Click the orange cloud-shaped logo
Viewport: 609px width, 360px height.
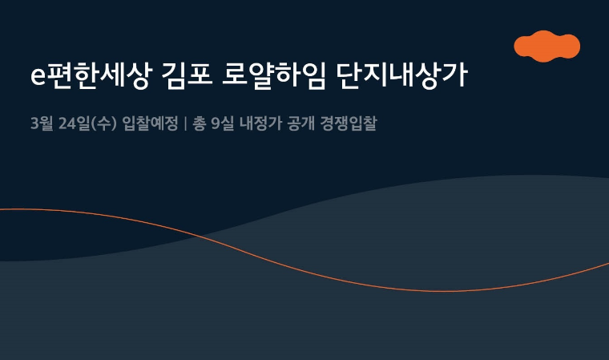click(546, 47)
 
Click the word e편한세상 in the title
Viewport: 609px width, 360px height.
click(90, 75)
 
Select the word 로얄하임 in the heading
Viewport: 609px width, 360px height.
click(273, 75)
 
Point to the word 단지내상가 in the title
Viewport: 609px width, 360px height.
click(402, 75)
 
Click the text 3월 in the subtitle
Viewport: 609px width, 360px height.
click(42, 123)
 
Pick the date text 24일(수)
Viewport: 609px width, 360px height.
click(87, 123)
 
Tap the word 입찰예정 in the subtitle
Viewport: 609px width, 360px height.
click(150, 123)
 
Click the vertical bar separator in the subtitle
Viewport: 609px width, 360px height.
click(185, 123)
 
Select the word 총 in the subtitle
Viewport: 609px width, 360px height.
click(200, 123)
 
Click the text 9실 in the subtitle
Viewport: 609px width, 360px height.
click(223, 123)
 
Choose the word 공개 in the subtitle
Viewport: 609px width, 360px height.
click(300, 123)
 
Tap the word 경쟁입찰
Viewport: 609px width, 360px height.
click(349, 123)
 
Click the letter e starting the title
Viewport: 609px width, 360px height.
click(38, 77)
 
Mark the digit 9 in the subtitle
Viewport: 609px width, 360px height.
click(216, 124)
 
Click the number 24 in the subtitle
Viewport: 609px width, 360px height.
click(67, 124)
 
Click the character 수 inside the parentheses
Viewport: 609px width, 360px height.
click(103, 123)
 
